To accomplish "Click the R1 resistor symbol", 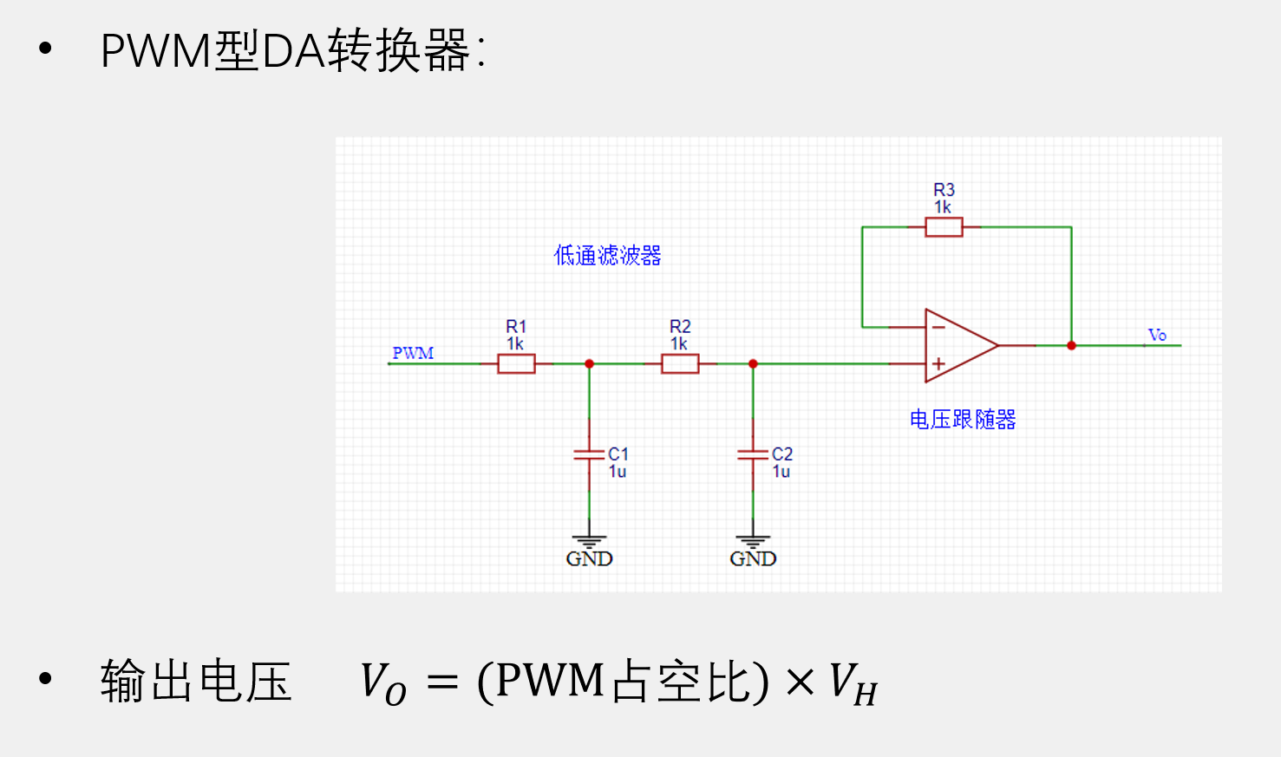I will (516, 364).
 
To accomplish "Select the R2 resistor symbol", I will (680, 364).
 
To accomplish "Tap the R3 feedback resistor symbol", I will (944, 227).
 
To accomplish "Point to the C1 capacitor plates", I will (589, 454).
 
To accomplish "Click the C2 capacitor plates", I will (753, 454).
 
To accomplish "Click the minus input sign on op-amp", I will (938, 327).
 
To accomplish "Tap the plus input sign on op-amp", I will (938, 364).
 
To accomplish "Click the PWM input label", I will (413, 353).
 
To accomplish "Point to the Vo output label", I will (1157, 335).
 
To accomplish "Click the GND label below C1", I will (589, 558).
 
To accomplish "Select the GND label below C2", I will (753, 558).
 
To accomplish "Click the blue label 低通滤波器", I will (607, 255).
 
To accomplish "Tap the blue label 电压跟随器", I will (962, 420).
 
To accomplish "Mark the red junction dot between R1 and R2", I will (589, 364).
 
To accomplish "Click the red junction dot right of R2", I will (753, 364).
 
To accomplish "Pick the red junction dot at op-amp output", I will (1071, 345).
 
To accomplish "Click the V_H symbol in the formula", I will (853, 683).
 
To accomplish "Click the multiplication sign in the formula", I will (800, 682).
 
